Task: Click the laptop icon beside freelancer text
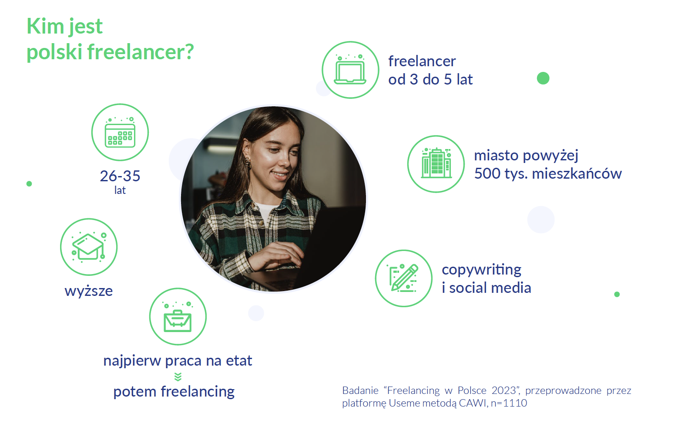[x=350, y=70]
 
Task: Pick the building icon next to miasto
[x=436, y=163]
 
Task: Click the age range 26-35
[x=120, y=176]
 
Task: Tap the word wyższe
[x=89, y=291]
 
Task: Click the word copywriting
[x=482, y=270]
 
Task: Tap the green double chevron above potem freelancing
[x=178, y=377]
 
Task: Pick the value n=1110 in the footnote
[x=509, y=403]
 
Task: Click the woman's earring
[x=248, y=163]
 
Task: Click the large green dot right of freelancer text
[x=543, y=78]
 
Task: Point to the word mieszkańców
[x=577, y=173]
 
